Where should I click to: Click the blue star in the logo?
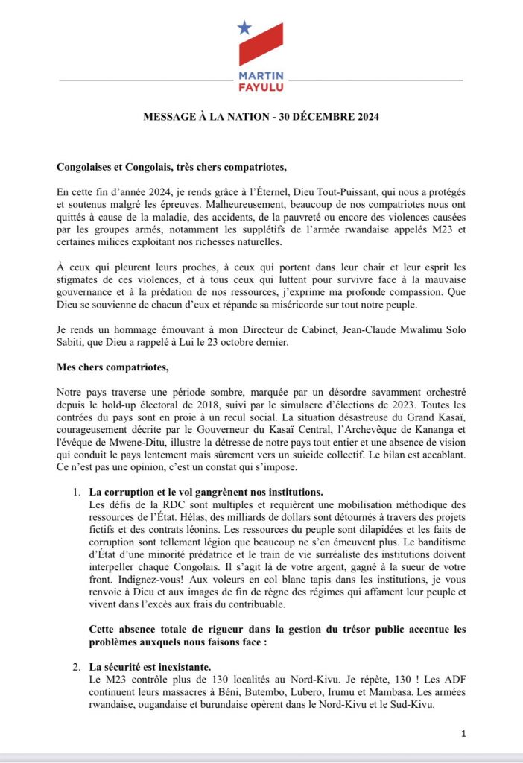click(x=244, y=28)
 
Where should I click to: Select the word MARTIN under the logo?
click(x=261, y=77)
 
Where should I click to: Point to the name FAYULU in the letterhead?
click(x=261, y=88)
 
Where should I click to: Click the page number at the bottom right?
click(x=463, y=734)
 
